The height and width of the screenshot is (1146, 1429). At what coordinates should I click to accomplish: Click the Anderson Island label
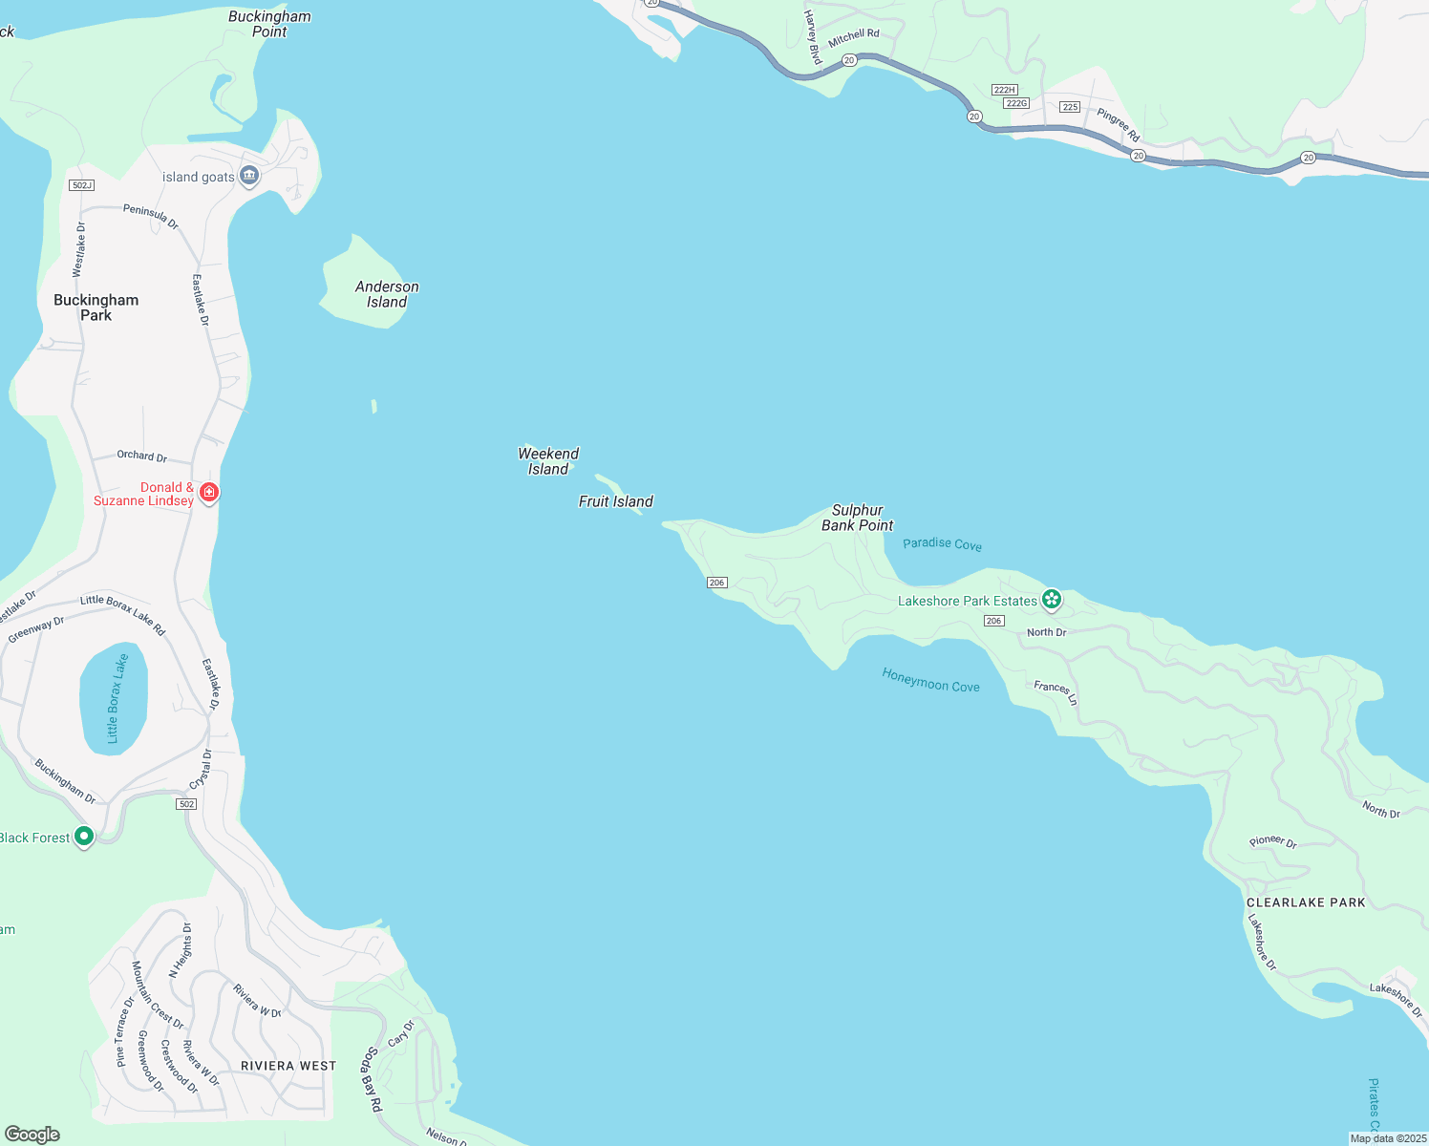point(387,294)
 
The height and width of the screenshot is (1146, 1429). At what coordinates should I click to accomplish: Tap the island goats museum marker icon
point(249,176)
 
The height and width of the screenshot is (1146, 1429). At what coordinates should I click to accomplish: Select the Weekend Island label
point(548,461)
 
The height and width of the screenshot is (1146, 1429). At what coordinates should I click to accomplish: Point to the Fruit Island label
point(616,501)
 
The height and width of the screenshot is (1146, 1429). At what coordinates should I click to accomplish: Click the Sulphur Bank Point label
point(857,518)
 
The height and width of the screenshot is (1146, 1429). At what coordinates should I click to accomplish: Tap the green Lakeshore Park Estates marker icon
point(1052,600)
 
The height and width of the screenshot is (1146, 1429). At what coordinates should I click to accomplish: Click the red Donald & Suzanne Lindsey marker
point(209,493)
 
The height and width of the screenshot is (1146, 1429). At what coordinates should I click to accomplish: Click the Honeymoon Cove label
point(930,680)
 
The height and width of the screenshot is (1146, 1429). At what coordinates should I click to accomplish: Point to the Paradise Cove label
point(942,543)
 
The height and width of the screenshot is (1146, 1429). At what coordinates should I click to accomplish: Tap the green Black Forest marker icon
point(84,837)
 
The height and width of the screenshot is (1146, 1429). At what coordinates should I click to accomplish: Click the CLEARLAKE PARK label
point(1306,902)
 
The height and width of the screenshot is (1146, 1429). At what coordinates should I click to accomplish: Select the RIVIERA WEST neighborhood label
point(288,1066)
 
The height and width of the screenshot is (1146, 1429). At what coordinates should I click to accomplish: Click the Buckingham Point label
point(269,24)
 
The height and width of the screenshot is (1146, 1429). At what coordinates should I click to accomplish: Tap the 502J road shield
point(82,185)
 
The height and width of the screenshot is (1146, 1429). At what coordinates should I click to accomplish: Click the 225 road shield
point(1070,107)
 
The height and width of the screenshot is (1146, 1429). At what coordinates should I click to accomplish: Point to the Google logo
point(32,1135)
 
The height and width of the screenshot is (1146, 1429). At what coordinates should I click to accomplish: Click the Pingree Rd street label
point(1119,125)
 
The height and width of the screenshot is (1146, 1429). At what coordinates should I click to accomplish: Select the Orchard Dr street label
point(141,456)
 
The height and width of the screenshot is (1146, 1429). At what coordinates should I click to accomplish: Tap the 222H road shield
point(1004,90)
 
